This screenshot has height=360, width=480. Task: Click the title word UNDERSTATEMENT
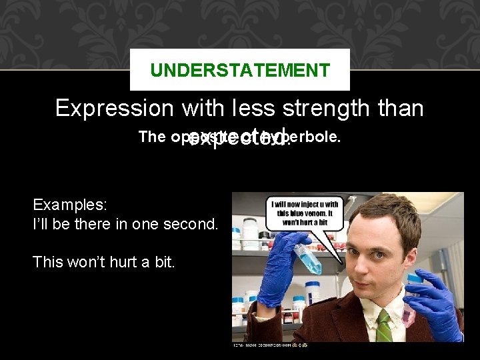pos(239,69)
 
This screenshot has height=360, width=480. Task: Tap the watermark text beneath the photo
pos(270,345)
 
